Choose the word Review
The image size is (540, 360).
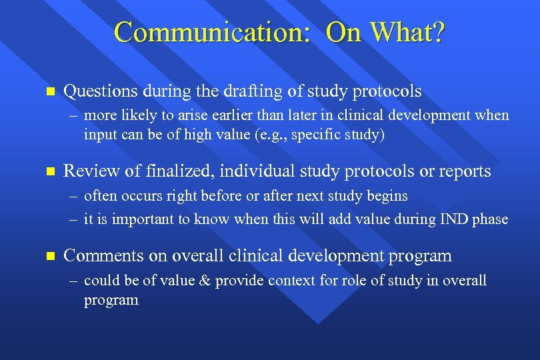point(87,171)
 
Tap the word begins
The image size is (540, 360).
point(388,196)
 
